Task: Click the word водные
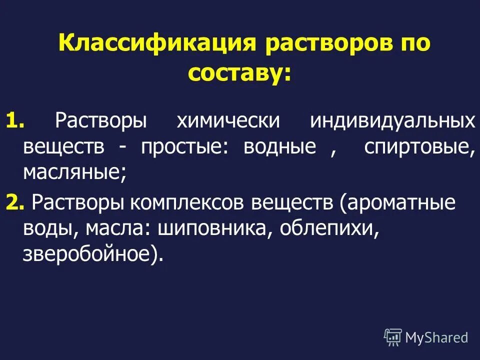280,147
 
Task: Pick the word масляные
74,173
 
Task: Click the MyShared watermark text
436,337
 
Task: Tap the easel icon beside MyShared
393,337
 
